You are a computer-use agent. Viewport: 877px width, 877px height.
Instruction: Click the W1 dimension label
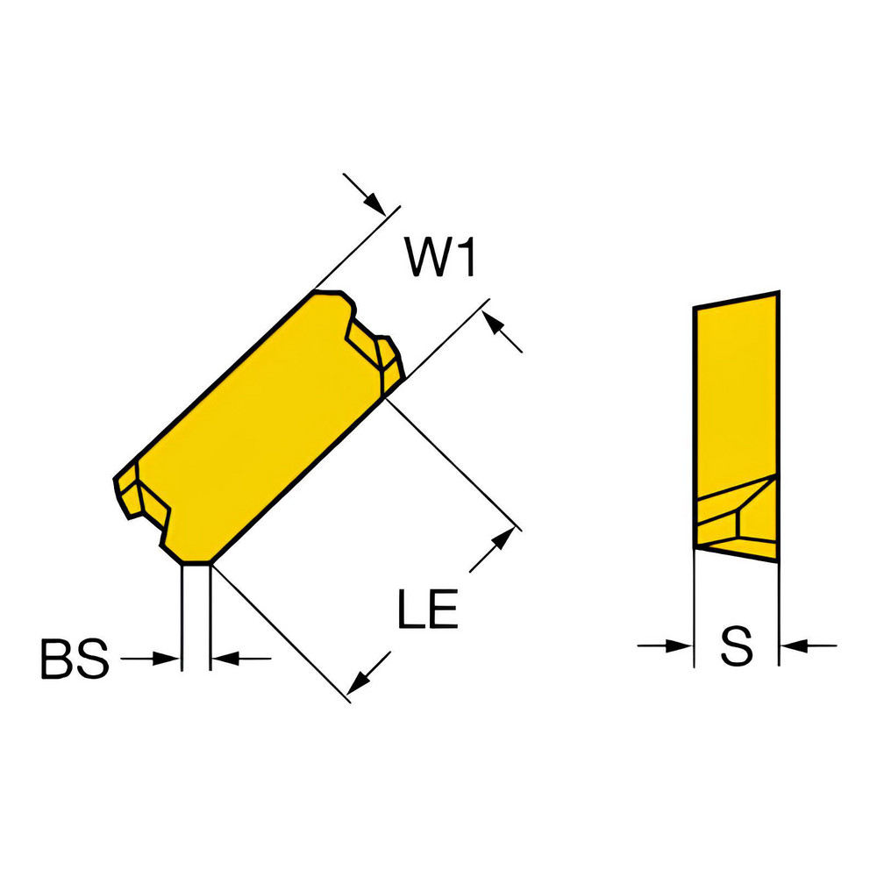[x=440, y=259]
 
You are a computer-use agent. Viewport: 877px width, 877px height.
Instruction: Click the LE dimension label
[x=427, y=609]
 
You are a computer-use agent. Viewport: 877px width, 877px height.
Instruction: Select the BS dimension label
[x=75, y=660]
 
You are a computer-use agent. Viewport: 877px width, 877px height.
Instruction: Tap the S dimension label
[x=737, y=647]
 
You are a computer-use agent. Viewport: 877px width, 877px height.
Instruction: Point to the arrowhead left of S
[x=681, y=647]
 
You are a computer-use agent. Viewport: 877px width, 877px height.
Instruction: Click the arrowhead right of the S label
[x=791, y=647]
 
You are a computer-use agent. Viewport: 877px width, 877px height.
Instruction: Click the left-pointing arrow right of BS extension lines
[x=224, y=659]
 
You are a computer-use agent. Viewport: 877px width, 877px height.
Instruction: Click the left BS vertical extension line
[x=182, y=614]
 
